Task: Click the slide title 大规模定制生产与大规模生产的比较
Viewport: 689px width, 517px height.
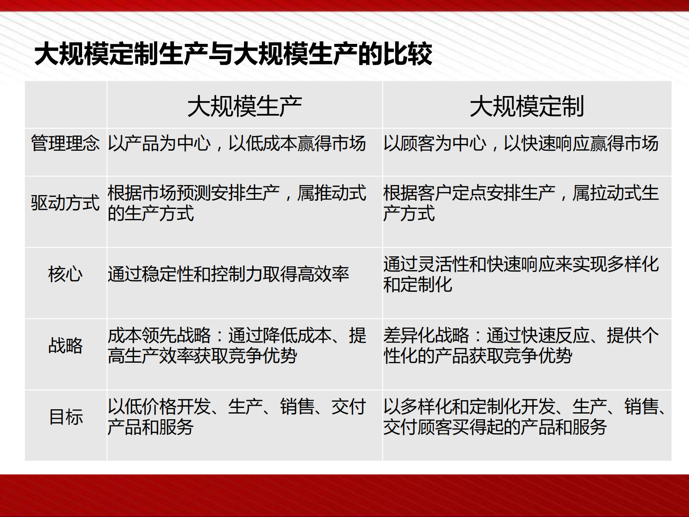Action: pos(233,54)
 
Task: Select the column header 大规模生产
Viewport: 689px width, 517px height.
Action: pos(244,106)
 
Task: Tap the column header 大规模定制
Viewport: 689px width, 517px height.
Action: pos(527,106)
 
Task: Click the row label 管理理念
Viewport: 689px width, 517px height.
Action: pos(65,143)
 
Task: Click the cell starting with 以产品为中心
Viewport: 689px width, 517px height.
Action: pos(237,143)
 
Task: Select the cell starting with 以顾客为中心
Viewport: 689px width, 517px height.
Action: pos(521,143)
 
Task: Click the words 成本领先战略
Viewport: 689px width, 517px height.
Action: pos(159,335)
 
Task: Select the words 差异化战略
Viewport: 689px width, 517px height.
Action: pos(426,335)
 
